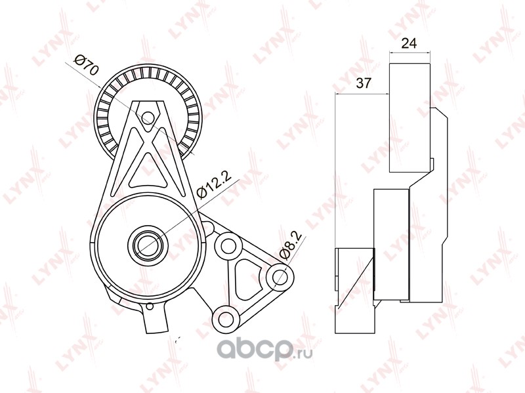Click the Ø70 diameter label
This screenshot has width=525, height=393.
click(x=86, y=66)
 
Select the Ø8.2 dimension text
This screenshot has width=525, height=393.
click(x=291, y=245)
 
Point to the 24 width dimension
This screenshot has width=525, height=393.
click(x=409, y=43)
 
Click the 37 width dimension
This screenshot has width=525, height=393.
click(x=364, y=83)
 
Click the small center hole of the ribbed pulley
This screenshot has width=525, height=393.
click(x=147, y=117)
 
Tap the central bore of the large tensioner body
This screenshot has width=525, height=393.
click(x=147, y=243)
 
